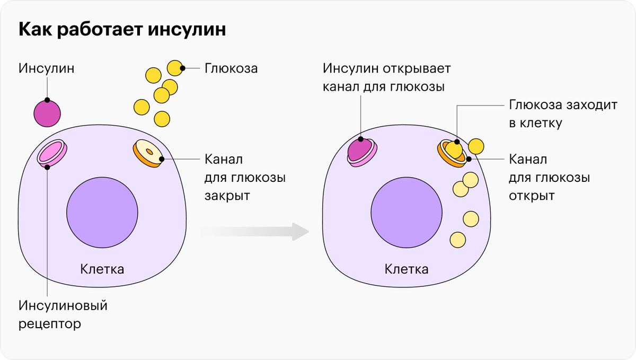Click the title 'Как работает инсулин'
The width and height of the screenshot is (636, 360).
point(122,30)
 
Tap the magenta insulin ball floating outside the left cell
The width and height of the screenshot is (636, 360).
point(47,113)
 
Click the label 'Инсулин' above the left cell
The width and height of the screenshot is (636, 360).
point(46,68)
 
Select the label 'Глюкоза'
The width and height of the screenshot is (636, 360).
point(231,68)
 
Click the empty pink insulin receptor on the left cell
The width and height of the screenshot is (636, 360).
point(52,153)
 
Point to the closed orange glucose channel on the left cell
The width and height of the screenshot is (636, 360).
point(148,153)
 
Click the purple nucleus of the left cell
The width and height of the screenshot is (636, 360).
point(102,213)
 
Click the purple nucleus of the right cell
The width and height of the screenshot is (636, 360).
point(407,213)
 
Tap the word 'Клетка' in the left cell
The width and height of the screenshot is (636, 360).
point(102,269)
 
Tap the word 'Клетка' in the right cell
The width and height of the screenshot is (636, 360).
point(407,269)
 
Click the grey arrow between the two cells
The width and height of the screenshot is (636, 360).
point(254,232)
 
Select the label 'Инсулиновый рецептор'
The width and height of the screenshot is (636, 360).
point(63,315)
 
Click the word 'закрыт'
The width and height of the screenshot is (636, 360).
point(227,196)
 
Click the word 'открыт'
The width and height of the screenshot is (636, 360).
point(532,196)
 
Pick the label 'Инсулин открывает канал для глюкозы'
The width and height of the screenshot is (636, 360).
point(387,77)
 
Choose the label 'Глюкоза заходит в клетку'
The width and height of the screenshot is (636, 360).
point(563,113)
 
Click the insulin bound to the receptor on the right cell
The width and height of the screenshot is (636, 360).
point(360,149)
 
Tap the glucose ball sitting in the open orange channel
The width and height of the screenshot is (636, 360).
point(454,150)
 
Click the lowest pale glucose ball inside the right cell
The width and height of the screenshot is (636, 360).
point(458,240)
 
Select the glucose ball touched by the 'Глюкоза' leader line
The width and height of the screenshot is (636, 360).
point(175,68)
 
